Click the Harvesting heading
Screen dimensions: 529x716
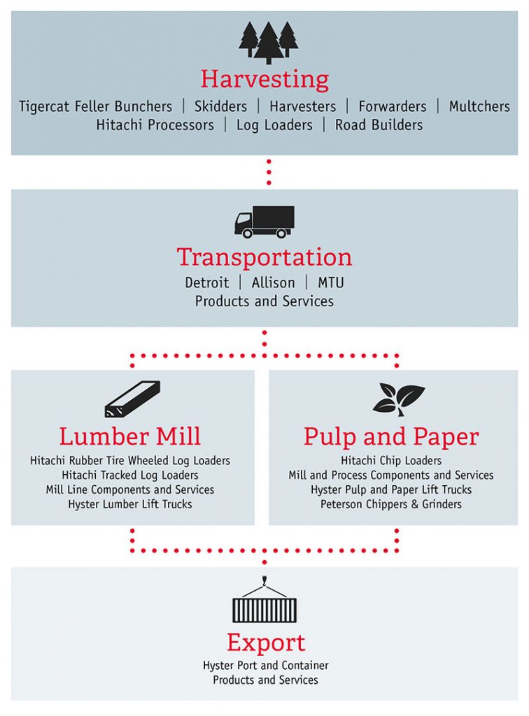coord(264,80)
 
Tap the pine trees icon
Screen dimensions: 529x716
coord(268,43)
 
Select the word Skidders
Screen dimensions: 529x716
coord(220,106)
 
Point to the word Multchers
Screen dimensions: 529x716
coord(479,106)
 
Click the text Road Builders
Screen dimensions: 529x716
coord(379,125)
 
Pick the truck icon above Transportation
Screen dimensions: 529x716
coord(264,222)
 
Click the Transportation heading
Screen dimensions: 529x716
coord(264,257)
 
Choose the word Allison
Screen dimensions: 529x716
coord(273,282)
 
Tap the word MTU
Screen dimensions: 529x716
coord(331,282)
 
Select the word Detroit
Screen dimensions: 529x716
coord(207,282)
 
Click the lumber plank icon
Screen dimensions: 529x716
coord(132,399)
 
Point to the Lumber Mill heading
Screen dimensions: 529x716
coord(129,436)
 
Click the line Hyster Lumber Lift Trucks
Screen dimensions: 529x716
coord(129,504)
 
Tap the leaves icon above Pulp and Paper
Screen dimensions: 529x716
coord(399,399)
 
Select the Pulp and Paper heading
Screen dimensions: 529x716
coord(391,436)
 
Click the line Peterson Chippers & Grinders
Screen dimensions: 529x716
coord(391,504)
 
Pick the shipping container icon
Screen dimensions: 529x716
coord(264,600)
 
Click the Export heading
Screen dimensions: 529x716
coord(266,643)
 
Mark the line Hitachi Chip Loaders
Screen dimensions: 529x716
coord(391,460)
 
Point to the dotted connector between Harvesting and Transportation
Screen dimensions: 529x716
coord(269,172)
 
